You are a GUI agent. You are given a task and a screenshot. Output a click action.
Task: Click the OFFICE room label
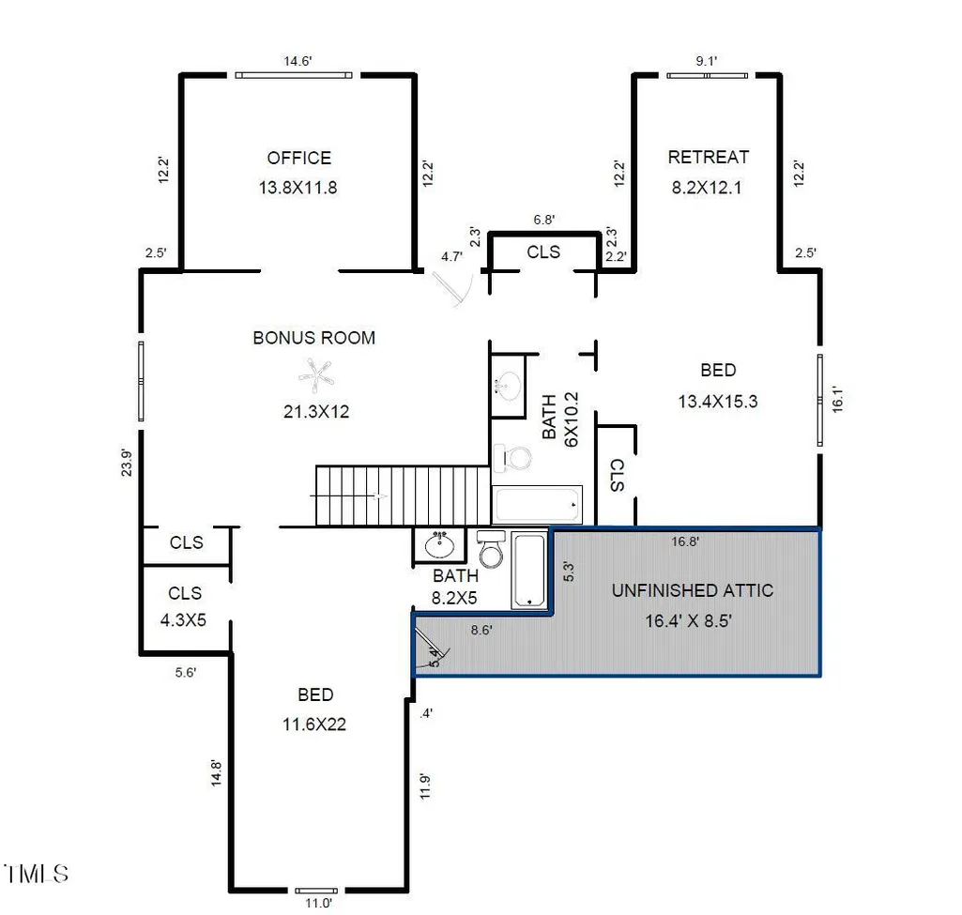pos(298,159)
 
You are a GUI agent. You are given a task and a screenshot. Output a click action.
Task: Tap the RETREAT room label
pos(708,158)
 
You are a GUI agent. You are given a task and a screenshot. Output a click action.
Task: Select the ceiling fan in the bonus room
pos(316,375)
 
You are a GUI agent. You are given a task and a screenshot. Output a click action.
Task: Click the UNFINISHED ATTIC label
pos(692,590)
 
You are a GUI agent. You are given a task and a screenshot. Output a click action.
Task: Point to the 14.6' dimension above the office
pos(298,61)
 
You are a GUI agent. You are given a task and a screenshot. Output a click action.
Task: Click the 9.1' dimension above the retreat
pos(706,61)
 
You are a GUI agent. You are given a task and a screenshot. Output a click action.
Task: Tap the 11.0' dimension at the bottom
pos(318,903)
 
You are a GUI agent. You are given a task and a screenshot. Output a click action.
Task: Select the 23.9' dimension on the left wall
pos(126,463)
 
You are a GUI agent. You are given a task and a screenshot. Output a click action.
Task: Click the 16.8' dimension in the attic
pos(685,541)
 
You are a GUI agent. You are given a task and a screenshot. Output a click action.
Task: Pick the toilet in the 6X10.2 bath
pos(512,458)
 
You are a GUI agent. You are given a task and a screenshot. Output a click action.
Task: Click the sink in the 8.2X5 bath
pos(439,545)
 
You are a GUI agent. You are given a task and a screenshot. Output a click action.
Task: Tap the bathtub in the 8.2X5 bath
pos(528,571)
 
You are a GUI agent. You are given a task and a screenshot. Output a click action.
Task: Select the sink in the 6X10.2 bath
pos(508,386)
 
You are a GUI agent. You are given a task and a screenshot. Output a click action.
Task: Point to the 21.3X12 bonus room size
pos(316,411)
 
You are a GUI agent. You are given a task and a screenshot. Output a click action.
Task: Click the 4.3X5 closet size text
pos(183,620)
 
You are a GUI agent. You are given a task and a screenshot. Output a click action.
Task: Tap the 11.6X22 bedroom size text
pos(314,724)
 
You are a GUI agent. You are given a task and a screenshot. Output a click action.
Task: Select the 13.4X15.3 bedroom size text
pos(718,402)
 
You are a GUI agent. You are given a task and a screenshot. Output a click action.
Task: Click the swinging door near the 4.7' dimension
pos(453,288)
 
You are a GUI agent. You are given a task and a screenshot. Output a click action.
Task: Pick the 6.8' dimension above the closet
pos(544,220)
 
